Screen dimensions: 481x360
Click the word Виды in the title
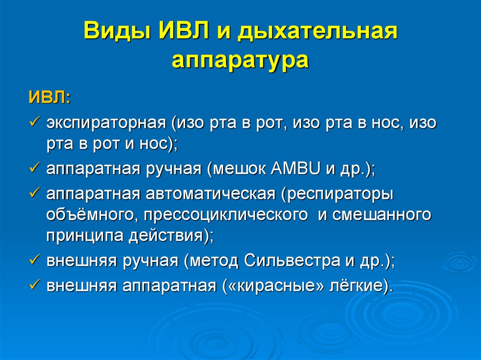pyautogui.click(x=117, y=31)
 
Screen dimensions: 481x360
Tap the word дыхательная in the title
pyautogui.click(x=317, y=31)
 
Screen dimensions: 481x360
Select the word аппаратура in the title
pyautogui.click(x=240, y=60)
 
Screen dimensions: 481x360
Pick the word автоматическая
pyautogui.click(x=210, y=194)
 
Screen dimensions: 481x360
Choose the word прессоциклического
pyautogui.click(x=225, y=215)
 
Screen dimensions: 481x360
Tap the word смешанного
pyautogui.click(x=382, y=214)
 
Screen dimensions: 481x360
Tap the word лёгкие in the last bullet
pyautogui.click(x=356, y=285)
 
